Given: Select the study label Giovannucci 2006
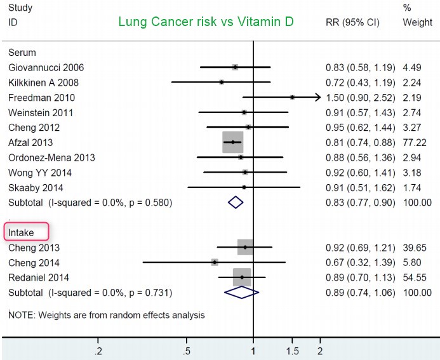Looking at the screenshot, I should click(46, 67).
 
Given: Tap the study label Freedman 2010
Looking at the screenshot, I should click(42, 98).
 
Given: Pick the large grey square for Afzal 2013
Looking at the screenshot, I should click(233, 142).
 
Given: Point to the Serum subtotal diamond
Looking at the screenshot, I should click(236, 203).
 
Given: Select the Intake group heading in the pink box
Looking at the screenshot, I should click(22, 232).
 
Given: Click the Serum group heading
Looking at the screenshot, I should click(22, 52).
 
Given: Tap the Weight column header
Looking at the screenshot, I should click(417, 23).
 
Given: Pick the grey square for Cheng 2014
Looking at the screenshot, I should click(215, 262).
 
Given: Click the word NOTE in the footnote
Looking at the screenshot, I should click(21, 314).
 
